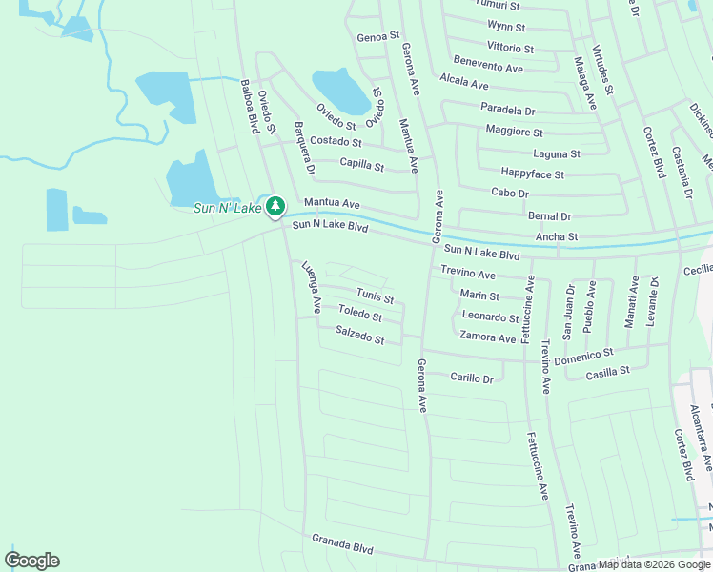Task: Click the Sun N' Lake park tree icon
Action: coord(275,205)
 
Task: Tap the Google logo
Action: coord(31,561)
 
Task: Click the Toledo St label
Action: coord(359,314)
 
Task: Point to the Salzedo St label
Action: coord(360,336)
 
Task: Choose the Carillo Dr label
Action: coord(472,378)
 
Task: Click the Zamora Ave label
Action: coord(487,337)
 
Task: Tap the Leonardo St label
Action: coord(490,317)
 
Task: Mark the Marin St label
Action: coord(479,296)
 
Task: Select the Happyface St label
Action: coord(533,174)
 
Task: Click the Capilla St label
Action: coord(362,165)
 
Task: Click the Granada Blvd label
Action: coord(342,544)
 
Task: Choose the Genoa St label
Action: coord(378,36)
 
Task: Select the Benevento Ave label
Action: coord(488,65)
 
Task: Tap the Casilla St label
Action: coord(608,372)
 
